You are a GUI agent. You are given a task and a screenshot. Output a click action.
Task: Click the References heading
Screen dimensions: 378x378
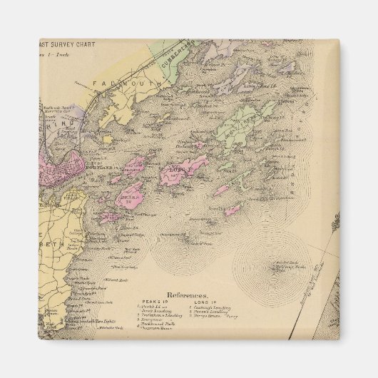coord(188,293)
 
